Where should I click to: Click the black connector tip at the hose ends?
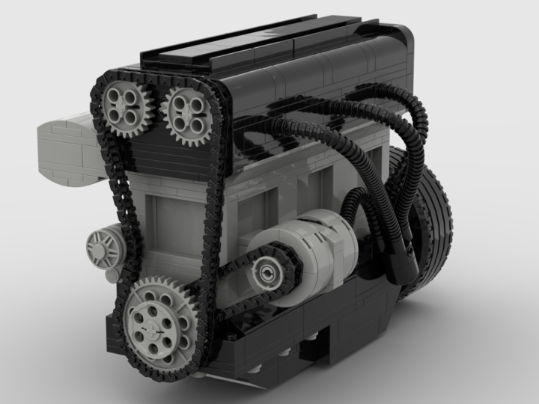(x=409, y=262)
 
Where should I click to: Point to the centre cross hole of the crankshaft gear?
(x=156, y=318)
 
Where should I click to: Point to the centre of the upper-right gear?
(x=184, y=110)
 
